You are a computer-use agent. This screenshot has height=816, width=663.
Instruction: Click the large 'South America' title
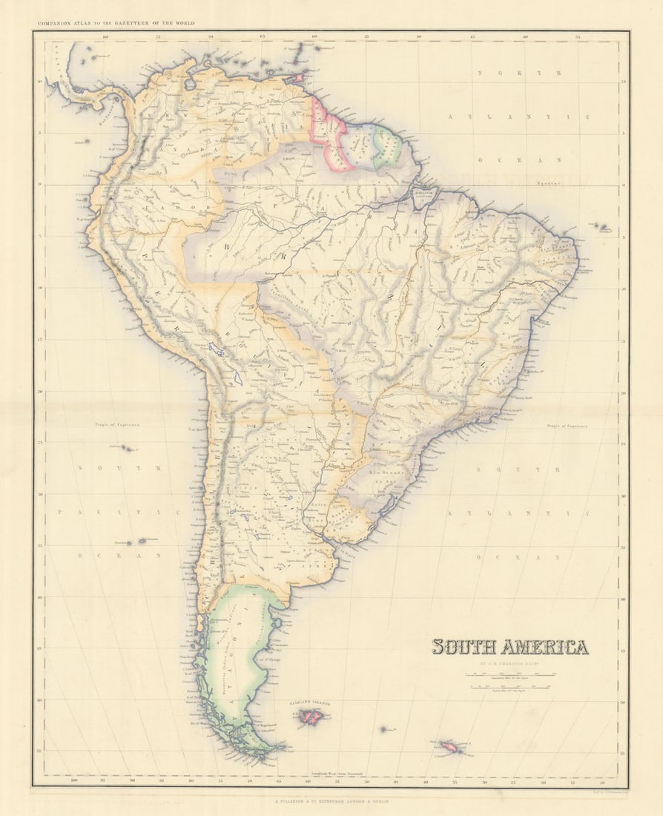pos(510,647)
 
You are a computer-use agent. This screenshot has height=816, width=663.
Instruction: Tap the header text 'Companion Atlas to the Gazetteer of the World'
pos(116,24)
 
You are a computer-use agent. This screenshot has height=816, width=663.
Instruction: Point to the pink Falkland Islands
pos(310,717)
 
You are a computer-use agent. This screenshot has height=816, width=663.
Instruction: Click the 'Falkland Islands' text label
pos(310,703)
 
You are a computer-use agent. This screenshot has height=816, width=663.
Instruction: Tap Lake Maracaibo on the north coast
pos(191,84)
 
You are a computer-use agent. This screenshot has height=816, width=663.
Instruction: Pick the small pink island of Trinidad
pos(299,77)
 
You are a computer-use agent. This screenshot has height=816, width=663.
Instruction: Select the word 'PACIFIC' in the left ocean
pos(119,512)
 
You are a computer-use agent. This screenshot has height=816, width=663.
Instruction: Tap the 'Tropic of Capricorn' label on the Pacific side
pos(117,425)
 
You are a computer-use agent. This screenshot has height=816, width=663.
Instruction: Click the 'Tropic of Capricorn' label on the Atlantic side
pos(567,427)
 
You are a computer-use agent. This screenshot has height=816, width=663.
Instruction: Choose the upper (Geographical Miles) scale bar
pos(510,674)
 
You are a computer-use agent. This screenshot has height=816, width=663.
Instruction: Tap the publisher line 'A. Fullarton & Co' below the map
pos(331,801)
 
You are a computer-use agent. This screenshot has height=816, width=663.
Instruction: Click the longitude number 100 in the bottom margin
pos(73,780)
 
